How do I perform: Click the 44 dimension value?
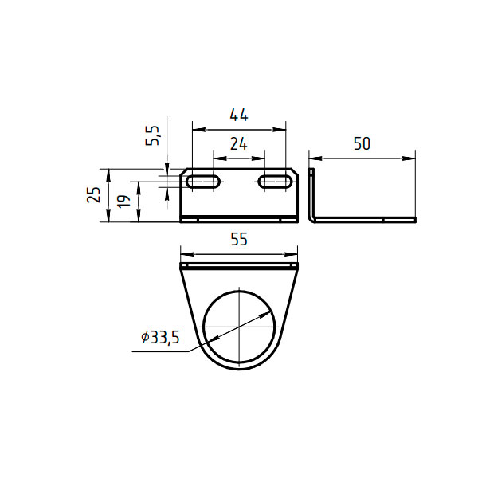click(239, 116)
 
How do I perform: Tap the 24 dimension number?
click(239, 144)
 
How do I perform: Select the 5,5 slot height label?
click(153, 135)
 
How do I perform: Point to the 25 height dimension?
click(94, 195)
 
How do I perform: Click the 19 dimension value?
click(124, 202)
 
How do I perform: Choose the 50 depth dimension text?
click(362, 144)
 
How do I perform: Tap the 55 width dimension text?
click(239, 239)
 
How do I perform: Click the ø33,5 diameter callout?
click(160, 338)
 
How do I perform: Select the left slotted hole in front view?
click(203, 182)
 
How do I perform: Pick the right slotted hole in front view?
click(275, 182)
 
